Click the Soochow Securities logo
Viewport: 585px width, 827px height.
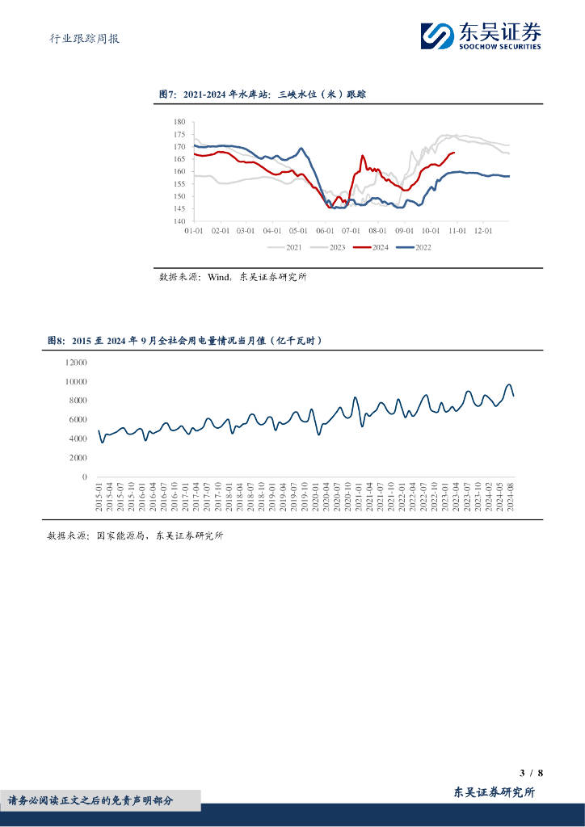480,36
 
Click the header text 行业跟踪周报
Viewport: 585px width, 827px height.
79,38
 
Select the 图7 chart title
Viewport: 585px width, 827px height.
263,95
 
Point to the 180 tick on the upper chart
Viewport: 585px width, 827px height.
179,122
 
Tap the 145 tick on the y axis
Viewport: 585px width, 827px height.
179,208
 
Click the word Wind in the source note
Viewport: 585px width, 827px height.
219,277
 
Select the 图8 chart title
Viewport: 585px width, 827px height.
185,342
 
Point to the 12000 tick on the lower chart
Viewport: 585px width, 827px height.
75,363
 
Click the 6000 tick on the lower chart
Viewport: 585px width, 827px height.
78,420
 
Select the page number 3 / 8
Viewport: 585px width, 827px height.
531,773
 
